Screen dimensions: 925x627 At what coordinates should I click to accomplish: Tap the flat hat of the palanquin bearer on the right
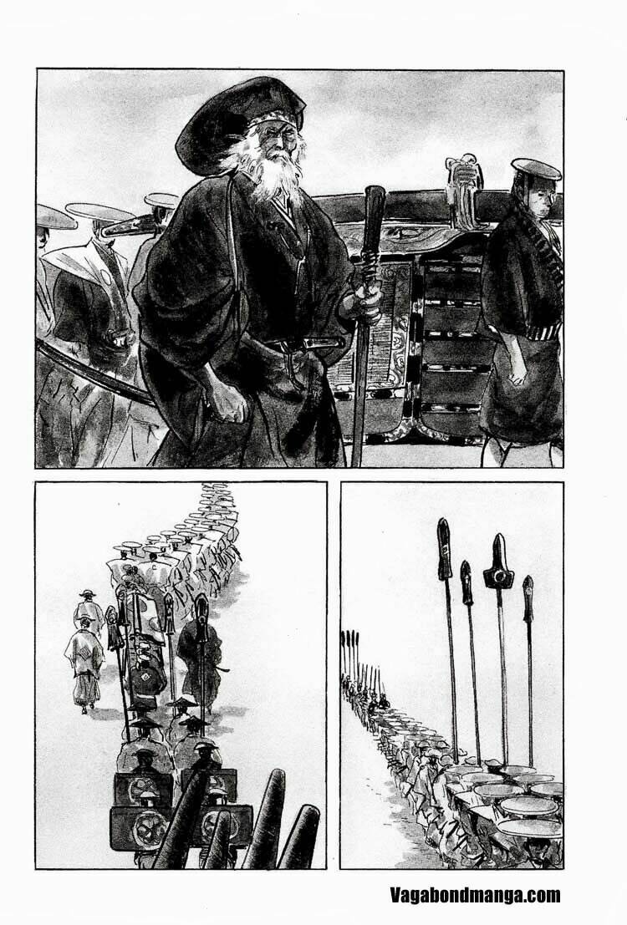(x=535, y=170)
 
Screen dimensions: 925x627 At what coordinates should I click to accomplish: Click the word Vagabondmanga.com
(x=475, y=896)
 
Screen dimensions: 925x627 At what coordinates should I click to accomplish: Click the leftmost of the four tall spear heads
(x=445, y=547)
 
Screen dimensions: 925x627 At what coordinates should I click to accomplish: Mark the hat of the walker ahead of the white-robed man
(x=85, y=594)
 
